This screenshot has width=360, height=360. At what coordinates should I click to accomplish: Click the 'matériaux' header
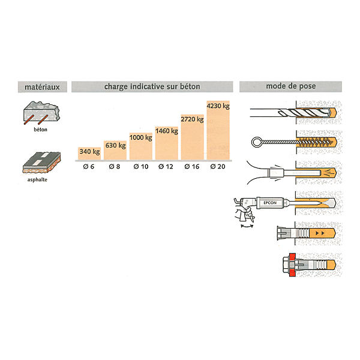point(42,87)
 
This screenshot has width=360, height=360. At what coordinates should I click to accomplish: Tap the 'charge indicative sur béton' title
point(152,86)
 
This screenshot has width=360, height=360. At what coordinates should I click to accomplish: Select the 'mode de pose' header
point(290,86)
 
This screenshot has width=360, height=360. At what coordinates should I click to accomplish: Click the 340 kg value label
point(89,152)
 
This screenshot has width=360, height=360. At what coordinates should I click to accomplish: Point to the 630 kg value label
point(115,145)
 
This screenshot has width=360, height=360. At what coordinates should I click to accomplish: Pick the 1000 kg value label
point(141,137)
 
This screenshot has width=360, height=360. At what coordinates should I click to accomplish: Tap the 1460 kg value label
point(167,131)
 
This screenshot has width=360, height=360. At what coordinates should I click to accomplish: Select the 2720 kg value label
point(192,119)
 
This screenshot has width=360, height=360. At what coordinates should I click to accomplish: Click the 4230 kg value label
point(218,106)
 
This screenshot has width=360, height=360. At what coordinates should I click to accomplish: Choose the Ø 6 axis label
point(89,166)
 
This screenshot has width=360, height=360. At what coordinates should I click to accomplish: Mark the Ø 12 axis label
point(166,166)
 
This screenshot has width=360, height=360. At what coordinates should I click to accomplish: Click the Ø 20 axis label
point(218,166)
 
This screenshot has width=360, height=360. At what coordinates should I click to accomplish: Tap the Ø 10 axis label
point(141,166)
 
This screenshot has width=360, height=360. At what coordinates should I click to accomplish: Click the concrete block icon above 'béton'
point(41,113)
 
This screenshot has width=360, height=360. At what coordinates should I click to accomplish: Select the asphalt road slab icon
point(41,163)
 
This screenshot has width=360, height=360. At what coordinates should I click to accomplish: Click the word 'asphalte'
point(37,179)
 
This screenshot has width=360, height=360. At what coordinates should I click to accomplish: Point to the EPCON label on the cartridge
point(270,203)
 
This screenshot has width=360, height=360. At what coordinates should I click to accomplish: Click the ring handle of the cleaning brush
point(256,142)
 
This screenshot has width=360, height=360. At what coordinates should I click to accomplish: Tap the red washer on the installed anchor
point(292,265)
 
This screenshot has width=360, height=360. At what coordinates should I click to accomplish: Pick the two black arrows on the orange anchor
point(320,233)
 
